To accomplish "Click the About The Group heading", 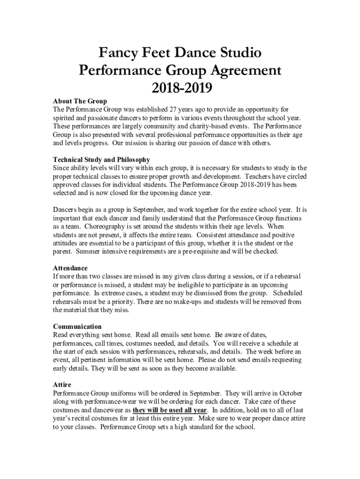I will click(x=80, y=101).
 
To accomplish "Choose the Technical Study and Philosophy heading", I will click(x=101, y=160).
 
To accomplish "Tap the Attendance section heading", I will click(x=70, y=268).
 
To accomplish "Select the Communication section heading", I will click(x=77, y=327).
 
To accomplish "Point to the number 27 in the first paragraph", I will click(x=174, y=109).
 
